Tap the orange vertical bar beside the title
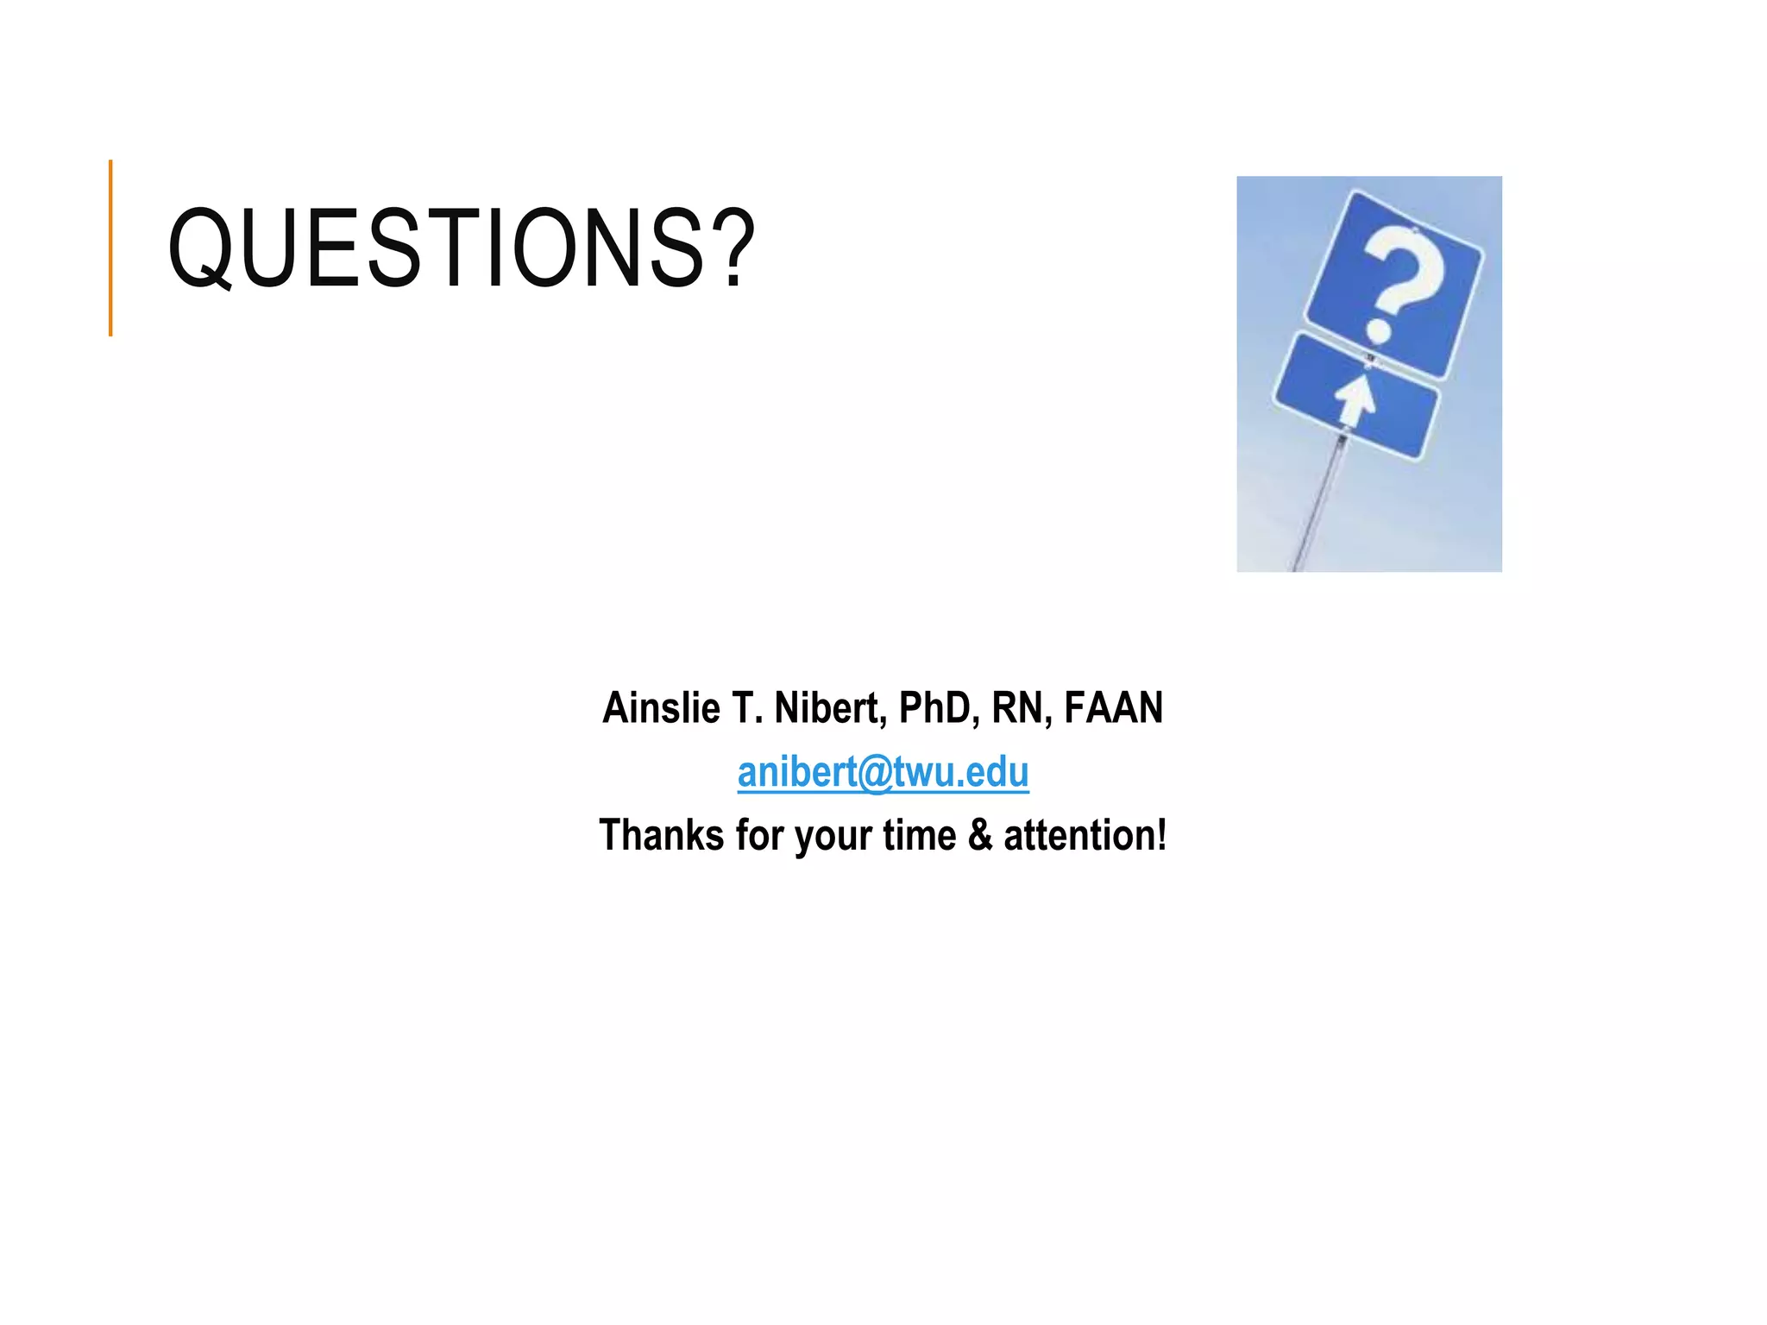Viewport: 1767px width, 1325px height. (x=110, y=248)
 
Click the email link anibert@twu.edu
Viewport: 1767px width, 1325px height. (x=883, y=772)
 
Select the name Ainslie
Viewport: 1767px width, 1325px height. (x=661, y=708)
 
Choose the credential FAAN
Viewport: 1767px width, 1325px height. (x=1113, y=708)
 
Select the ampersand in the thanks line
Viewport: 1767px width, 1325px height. (x=980, y=835)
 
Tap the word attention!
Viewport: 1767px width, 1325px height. (x=1085, y=835)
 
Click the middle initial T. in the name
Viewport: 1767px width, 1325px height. (x=747, y=708)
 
